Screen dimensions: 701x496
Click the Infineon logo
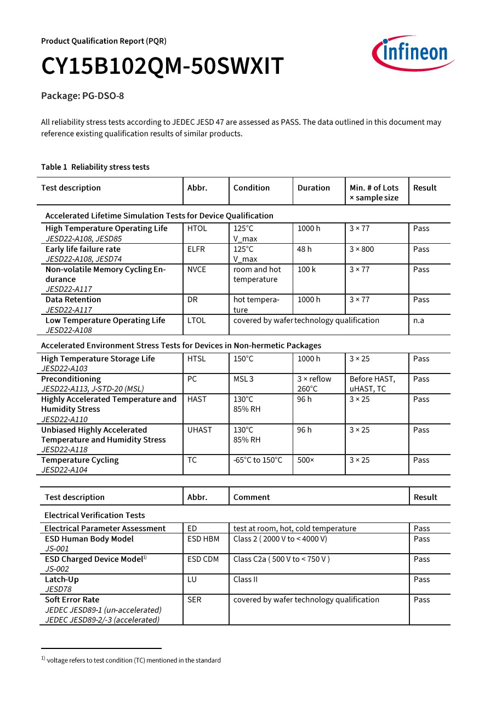pos(413,53)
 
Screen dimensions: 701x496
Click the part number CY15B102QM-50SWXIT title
pos(162,67)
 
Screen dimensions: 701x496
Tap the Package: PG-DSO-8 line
pos(83,96)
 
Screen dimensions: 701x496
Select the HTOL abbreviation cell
pos(197,228)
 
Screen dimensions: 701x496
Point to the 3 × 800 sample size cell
pos(362,249)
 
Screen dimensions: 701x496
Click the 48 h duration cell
pos(304,249)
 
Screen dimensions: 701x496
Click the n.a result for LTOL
pos(419,320)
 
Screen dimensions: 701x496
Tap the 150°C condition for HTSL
pos(243,359)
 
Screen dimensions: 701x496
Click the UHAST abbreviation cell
pos(199,430)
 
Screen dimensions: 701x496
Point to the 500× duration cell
pos(306,460)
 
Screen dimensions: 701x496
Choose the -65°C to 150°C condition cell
pos(258,460)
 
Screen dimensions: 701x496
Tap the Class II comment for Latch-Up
pos(246,579)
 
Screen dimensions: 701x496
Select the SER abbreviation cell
pos(195,600)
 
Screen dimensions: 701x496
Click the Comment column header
pos(252,497)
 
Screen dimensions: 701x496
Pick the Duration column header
pos(313,188)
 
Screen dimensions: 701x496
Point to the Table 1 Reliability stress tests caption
pos(95,167)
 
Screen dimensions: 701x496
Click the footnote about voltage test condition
pos(132,660)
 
